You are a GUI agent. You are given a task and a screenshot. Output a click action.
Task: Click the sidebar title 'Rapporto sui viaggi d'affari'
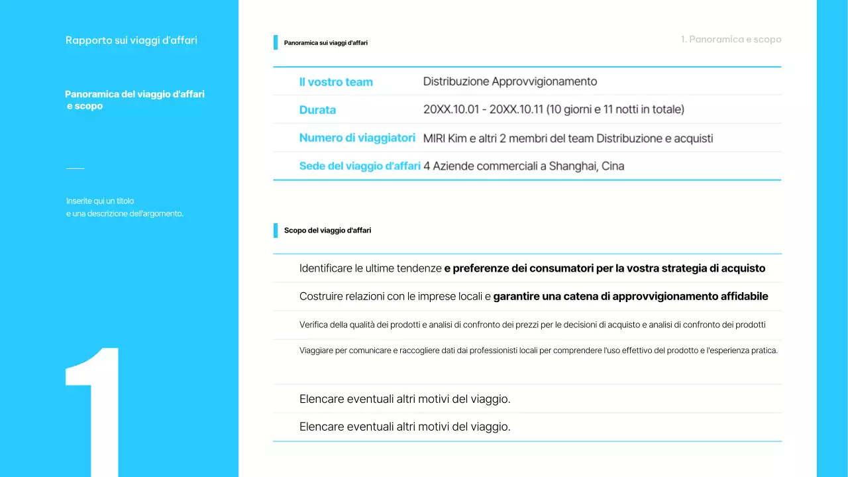131,40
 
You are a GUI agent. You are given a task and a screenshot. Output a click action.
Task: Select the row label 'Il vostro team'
336,82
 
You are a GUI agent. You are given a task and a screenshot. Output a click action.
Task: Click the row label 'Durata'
317,110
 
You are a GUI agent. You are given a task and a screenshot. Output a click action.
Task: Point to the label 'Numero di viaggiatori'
357,138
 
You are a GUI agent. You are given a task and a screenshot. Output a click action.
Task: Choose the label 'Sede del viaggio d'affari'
360,166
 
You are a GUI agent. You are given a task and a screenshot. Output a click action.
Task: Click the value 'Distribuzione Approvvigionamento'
510,81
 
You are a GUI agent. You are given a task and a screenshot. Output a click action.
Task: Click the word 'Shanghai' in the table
572,166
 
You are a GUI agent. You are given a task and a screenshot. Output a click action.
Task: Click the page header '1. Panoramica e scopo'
731,40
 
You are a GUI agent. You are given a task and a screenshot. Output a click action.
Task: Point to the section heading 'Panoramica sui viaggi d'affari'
325,43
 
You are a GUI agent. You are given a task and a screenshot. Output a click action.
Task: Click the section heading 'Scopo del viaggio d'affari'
327,231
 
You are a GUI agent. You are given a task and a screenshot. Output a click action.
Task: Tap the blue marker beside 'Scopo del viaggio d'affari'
276,231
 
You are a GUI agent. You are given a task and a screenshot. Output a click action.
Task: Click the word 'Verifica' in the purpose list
313,325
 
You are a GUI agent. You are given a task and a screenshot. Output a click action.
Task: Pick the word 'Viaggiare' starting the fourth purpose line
316,350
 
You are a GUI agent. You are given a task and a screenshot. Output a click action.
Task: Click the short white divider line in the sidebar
75,168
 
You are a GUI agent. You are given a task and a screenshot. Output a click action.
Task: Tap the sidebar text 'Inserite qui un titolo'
100,201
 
